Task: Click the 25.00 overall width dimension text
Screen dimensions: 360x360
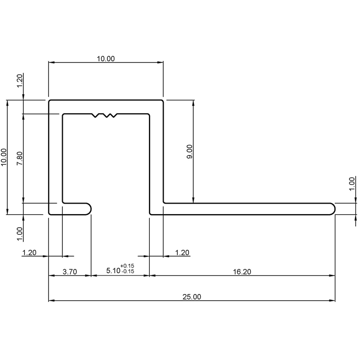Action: click(192, 297)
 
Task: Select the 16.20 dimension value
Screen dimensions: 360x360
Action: click(242, 272)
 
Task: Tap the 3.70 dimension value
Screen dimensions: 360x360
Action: click(70, 272)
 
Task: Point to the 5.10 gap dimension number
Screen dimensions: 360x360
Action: click(113, 270)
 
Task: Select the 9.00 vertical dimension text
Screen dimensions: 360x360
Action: click(190, 151)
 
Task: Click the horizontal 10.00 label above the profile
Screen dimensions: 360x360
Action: click(106, 59)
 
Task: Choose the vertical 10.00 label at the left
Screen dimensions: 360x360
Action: click(4, 157)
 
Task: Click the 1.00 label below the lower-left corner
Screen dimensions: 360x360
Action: click(20, 234)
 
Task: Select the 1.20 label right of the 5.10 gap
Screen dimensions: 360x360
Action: click(182, 253)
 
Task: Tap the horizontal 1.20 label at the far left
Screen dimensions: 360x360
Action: click(29, 253)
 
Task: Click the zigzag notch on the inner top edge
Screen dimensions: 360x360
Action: click(104, 116)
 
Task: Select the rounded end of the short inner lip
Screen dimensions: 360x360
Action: click(89, 209)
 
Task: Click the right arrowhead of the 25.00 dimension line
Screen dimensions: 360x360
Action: click(333, 301)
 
